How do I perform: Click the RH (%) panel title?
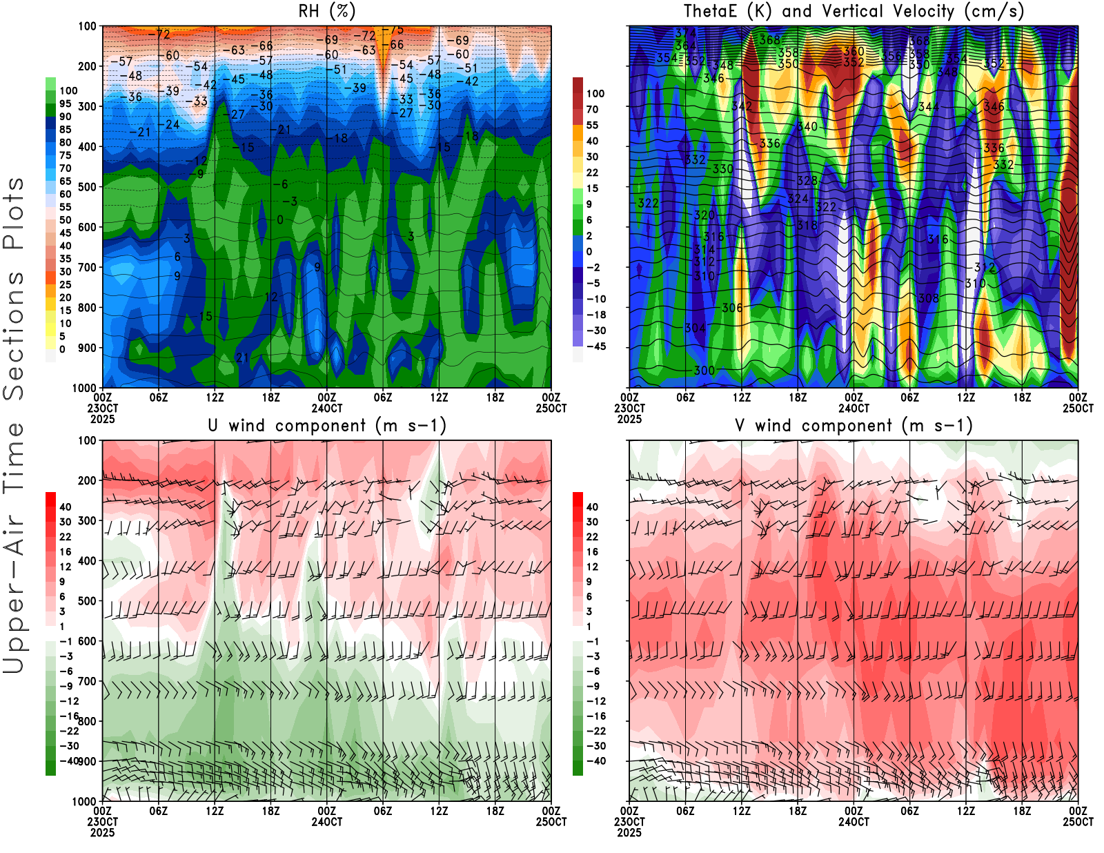[326, 12]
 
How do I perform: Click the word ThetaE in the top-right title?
[710, 12]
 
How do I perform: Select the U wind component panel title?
[326, 426]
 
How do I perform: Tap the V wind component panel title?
[854, 426]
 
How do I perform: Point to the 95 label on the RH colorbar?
[65, 104]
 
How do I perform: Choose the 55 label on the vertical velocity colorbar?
[592, 125]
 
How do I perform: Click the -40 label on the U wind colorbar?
[68, 761]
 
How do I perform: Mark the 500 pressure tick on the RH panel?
[87, 187]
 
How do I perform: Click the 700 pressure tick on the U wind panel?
[87, 681]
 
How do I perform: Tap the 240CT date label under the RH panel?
[326, 408]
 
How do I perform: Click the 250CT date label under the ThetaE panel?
[1078, 408]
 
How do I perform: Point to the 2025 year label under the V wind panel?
[629, 832]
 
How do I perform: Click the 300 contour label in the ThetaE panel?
[704, 371]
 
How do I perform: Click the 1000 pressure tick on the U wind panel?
[84, 801]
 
